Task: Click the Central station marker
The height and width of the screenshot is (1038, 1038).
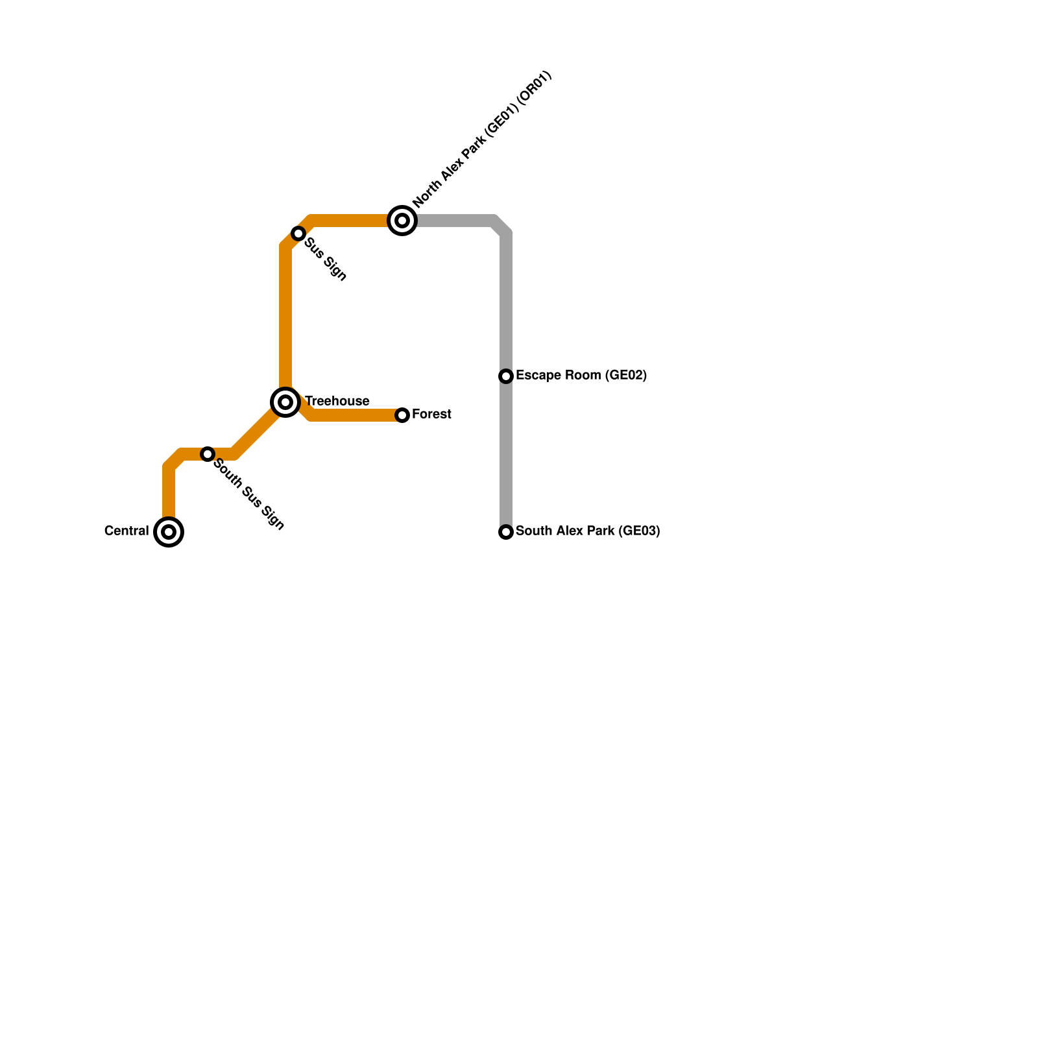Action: pyautogui.click(x=169, y=532)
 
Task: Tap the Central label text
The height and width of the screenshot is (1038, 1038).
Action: pyautogui.click(x=127, y=531)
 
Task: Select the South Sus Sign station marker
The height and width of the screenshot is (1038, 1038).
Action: pyautogui.click(x=208, y=454)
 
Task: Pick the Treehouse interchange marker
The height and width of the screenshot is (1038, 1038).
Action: pyautogui.click(x=285, y=402)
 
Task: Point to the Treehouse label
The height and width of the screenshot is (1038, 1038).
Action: pyautogui.click(x=337, y=402)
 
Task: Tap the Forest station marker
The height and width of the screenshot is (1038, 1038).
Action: pyautogui.click(x=402, y=415)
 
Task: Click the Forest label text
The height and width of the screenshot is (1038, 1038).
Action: pyautogui.click(x=431, y=415)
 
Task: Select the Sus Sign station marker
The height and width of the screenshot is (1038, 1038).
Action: pyautogui.click(x=298, y=234)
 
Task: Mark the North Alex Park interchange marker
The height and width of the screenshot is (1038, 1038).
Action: pyautogui.click(x=402, y=221)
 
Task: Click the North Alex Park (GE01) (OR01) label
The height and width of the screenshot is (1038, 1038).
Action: pyautogui.click(x=482, y=139)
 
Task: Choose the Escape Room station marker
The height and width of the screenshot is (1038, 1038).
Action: pyautogui.click(x=506, y=376)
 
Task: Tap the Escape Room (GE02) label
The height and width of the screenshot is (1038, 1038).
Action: pyautogui.click(x=581, y=376)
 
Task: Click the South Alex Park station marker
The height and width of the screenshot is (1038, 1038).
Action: pyautogui.click(x=506, y=532)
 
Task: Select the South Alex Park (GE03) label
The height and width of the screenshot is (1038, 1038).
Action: pyautogui.click(x=588, y=531)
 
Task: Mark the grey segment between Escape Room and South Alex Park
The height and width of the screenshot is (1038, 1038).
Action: pyautogui.click(x=506, y=454)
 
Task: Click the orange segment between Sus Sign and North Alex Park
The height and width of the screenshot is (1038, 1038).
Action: pyautogui.click(x=350, y=221)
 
